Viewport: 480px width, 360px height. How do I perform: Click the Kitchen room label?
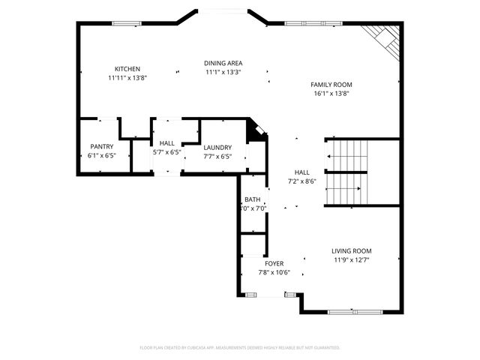pyautogui.click(x=127, y=69)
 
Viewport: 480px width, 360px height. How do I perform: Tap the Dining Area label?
pyautogui.click(x=223, y=63)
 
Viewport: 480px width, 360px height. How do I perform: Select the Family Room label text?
pyautogui.click(x=331, y=85)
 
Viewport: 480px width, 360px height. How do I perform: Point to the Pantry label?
pyautogui.click(x=101, y=146)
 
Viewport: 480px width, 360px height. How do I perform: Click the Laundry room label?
pyautogui.click(x=216, y=148)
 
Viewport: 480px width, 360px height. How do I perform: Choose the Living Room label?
pyautogui.click(x=352, y=251)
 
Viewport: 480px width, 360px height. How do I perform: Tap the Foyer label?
pyautogui.click(x=274, y=264)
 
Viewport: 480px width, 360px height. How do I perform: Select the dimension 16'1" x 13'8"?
pyautogui.click(x=331, y=94)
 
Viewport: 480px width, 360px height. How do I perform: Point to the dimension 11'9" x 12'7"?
pyautogui.click(x=352, y=259)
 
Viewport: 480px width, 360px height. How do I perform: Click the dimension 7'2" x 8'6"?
pyautogui.click(x=301, y=181)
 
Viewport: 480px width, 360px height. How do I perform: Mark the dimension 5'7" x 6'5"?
pyautogui.click(x=166, y=151)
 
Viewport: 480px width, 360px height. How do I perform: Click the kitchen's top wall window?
pyautogui.click(x=127, y=23)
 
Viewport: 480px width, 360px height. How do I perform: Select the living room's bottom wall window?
pyautogui.click(x=355, y=311)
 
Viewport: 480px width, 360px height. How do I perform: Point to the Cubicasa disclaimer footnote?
pyautogui.click(x=240, y=348)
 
